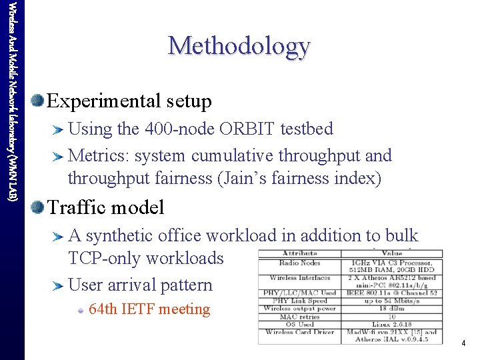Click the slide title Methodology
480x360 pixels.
click(239, 46)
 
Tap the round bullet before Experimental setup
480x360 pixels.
click(37, 101)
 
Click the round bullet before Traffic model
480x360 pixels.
click(37, 207)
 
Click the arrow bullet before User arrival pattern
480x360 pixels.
click(59, 285)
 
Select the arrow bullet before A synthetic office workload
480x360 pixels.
click(59, 236)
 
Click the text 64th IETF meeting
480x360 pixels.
click(149, 309)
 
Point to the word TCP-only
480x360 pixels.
click(111, 259)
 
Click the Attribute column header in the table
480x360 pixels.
click(299, 253)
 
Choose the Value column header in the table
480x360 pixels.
click(391, 253)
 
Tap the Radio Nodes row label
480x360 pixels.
click(299, 262)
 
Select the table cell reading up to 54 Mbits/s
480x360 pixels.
click(391, 301)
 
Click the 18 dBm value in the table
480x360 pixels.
click(391, 309)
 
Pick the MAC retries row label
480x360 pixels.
click(299, 316)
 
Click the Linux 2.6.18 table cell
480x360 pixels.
click(391, 324)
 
